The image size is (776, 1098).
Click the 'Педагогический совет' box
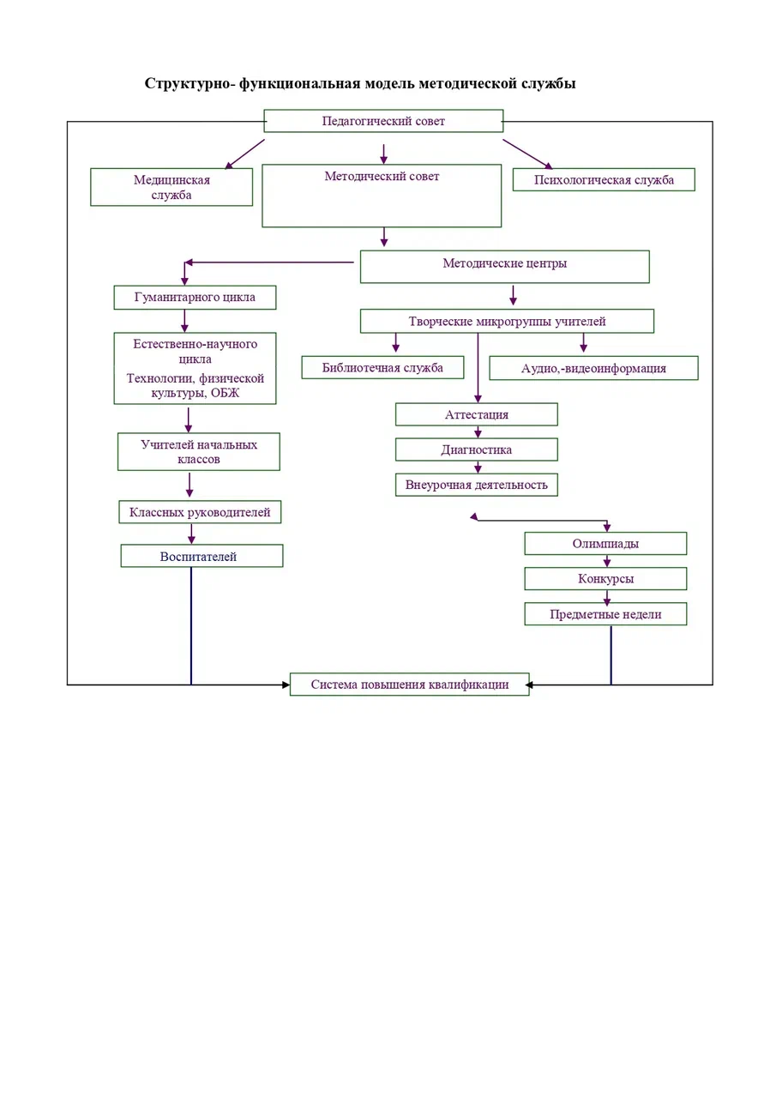(383, 121)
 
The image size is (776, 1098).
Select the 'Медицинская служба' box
(171, 187)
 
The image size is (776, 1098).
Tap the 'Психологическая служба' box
(604, 179)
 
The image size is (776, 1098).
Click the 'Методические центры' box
(504, 267)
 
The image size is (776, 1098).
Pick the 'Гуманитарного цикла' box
(195, 297)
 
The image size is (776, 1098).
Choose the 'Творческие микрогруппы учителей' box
(507, 321)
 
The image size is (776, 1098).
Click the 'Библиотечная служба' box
(382, 367)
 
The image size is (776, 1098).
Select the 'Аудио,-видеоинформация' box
(593, 368)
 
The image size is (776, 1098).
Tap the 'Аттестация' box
(477, 414)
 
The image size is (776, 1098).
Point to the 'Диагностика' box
(477, 449)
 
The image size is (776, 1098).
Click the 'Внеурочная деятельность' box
(477, 485)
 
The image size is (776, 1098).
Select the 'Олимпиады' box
(605, 543)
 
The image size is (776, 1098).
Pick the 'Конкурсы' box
(605, 578)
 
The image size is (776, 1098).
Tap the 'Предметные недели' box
(605, 613)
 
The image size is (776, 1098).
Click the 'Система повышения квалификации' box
(410, 684)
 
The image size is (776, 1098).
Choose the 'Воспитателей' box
(202, 556)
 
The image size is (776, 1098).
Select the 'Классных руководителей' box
(200, 512)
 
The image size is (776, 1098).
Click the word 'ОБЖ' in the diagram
(225, 393)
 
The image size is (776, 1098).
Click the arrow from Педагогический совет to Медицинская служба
(244, 154)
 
